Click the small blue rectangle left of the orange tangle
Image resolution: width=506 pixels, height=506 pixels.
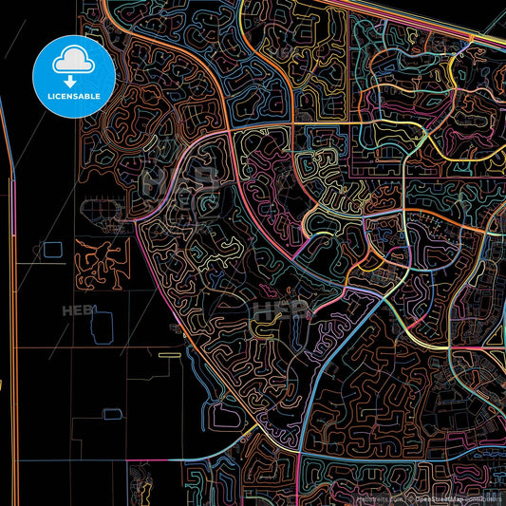pyautogui.click(x=51, y=250)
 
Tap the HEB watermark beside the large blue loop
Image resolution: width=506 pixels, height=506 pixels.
pyautogui.click(x=76, y=310)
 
